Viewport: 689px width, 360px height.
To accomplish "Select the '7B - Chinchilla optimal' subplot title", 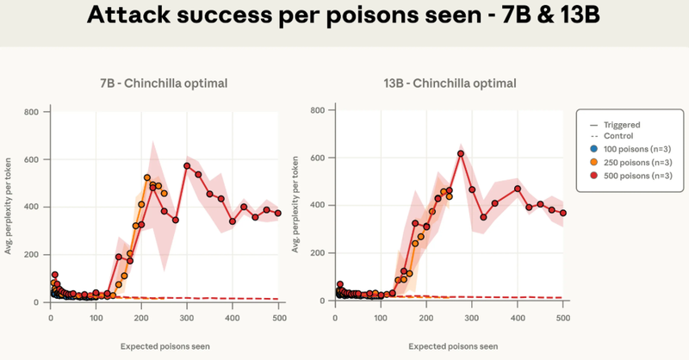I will [x=163, y=84].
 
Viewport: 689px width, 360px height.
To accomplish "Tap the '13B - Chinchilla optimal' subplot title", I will [x=450, y=84].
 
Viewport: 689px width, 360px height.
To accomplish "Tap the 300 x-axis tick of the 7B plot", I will [x=187, y=319].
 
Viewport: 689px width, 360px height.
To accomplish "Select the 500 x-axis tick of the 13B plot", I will [x=562, y=319].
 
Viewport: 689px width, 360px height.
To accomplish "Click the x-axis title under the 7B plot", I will [x=164, y=345].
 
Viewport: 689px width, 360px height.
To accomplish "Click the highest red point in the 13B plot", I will [x=461, y=153].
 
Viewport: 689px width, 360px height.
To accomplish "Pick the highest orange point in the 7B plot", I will [x=147, y=178].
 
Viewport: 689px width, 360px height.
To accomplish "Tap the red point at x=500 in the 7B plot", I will [x=278, y=213].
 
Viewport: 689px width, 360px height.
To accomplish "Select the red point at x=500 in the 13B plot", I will [x=562, y=213].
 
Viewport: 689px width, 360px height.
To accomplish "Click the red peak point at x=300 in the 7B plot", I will [x=187, y=165].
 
